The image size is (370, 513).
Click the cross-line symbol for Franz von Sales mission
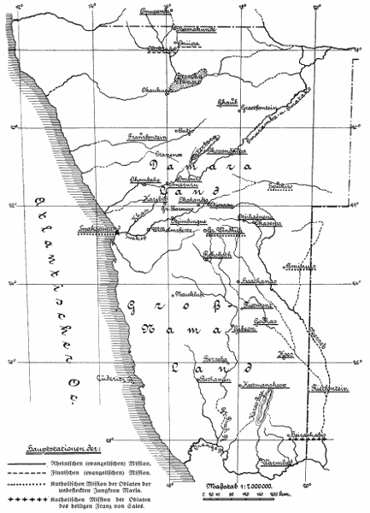39,493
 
